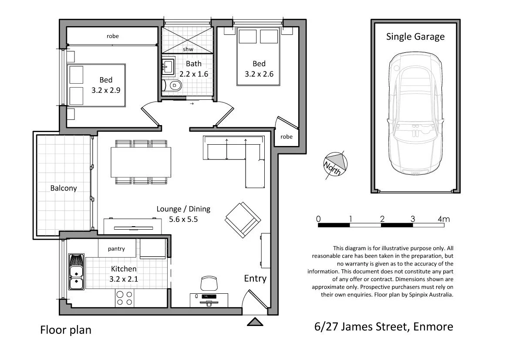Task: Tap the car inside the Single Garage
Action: [x=415, y=114]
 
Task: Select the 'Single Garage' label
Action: [x=415, y=36]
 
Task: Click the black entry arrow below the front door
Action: [x=255, y=322]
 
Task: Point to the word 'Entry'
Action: [x=255, y=278]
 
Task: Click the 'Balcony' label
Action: [x=64, y=188]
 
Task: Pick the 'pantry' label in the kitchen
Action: [x=116, y=249]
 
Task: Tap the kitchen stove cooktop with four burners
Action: [x=125, y=298]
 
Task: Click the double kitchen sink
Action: [x=77, y=272]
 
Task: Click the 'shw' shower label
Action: [x=188, y=49]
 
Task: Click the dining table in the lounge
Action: [x=141, y=162]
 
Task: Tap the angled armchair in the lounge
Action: [x=243, y=220]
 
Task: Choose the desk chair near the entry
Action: [x=209, y=283]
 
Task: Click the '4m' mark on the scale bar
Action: [x=444, y=219]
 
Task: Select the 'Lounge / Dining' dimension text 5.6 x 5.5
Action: [x=183, y=219]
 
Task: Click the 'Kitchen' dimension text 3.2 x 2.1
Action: [x=124, y=279]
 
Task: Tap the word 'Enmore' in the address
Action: [x=433, y=326]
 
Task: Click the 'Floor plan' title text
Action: [x=66, y=330]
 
